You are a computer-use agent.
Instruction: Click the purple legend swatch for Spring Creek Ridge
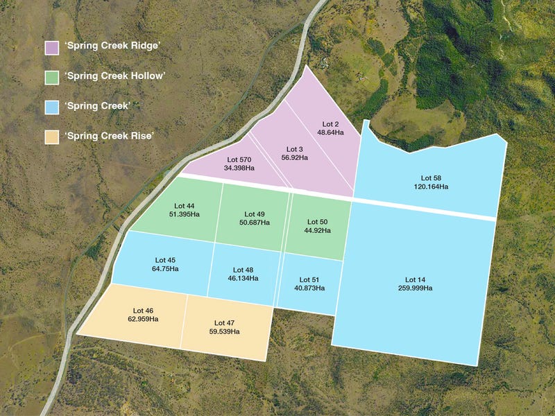51,48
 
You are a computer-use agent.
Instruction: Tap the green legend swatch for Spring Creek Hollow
51,77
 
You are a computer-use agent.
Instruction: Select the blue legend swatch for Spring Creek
51,106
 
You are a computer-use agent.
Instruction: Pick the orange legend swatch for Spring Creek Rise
51,135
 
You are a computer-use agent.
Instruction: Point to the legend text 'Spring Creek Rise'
109,135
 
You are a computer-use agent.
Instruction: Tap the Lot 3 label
295,149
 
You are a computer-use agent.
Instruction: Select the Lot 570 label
239,159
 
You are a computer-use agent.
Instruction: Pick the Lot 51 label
310,279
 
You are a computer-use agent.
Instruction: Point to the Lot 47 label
224,323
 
